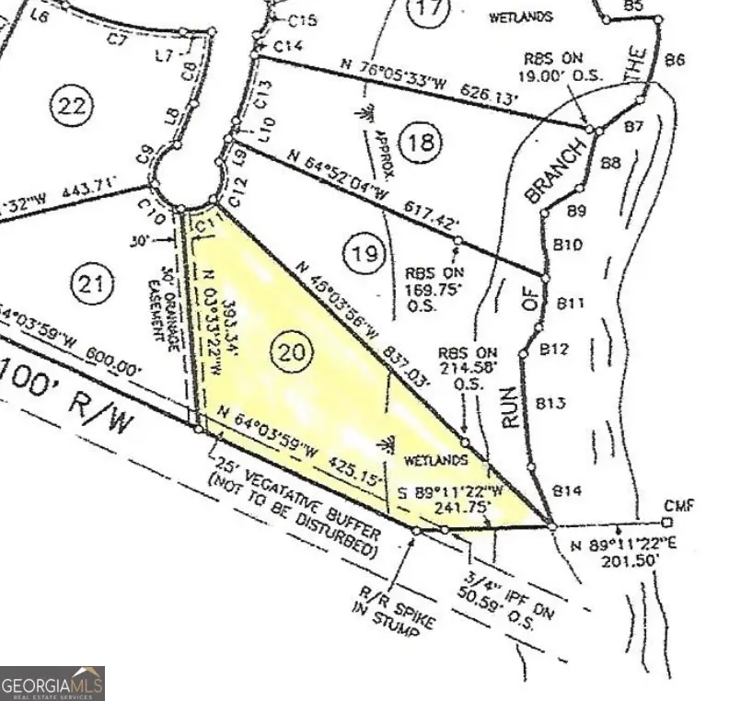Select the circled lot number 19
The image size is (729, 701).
click(365, 253)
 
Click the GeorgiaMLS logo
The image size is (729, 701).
click(52, 684)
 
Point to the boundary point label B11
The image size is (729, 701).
click(571, 302)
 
